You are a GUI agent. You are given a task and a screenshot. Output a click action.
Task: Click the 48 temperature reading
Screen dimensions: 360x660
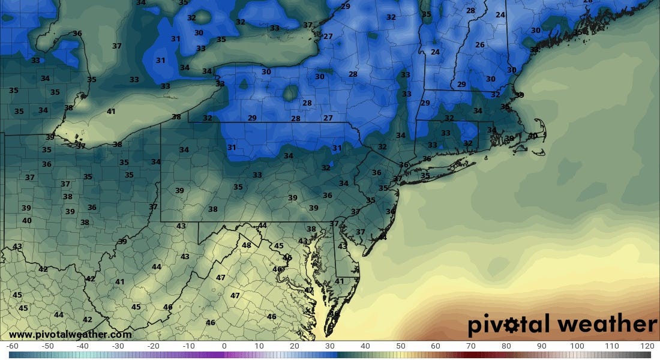point(247,245)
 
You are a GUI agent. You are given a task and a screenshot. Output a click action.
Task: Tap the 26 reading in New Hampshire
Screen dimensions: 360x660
point(479,45)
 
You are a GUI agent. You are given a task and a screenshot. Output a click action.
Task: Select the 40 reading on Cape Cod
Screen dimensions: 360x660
point(533,136)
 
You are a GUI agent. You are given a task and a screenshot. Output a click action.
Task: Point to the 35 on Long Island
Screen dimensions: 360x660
point(425,176)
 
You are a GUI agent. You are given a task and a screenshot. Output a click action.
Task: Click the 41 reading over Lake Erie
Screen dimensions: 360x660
point(111,112)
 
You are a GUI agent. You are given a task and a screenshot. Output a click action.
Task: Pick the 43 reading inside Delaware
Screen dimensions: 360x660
point(343,246)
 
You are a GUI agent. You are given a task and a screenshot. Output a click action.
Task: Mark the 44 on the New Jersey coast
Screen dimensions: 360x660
point(383,238)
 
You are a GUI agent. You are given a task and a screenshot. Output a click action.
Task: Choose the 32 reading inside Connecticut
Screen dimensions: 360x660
point(468,143)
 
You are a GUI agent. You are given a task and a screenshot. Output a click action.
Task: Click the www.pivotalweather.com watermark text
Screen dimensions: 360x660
point(70,335)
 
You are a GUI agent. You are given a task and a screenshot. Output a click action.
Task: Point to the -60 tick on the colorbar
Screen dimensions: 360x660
point(12,346)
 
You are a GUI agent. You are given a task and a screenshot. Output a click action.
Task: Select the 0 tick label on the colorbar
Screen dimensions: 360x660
point(224,346)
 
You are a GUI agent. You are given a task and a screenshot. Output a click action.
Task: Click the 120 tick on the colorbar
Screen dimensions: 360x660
point(647,346)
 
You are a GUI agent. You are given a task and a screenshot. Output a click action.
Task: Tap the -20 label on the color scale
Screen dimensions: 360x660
point(153,346)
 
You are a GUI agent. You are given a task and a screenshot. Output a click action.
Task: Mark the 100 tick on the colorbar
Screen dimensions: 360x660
point(577,346)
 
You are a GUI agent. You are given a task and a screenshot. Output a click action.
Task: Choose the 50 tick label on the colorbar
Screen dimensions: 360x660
point(400,346)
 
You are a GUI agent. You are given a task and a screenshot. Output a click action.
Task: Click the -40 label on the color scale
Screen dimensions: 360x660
point(83,346)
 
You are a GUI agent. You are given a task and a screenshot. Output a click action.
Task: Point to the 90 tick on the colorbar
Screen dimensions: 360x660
point(541,346)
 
